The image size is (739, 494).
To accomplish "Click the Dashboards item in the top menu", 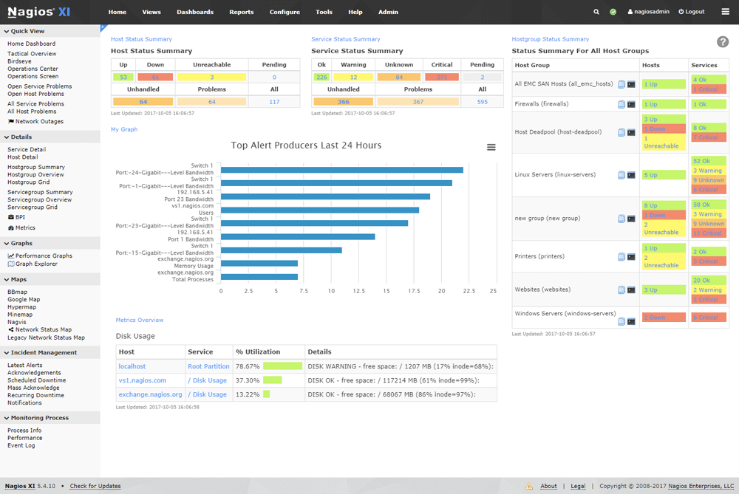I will click(195, 12).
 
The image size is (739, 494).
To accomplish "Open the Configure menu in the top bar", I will click(285, 12).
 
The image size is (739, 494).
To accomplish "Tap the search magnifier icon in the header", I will click(596, 12).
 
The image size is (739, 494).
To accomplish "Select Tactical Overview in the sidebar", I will click(32, 54).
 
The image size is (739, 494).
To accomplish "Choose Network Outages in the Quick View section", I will click(39, 122).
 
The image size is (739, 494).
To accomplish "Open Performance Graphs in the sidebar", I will click(44, 255).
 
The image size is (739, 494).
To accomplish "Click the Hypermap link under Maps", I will click(21, 307).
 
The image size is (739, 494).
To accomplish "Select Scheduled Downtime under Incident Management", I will click(36, 380).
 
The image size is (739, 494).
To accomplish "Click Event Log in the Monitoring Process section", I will click(21, 445).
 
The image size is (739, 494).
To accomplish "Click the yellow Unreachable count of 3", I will click(211, 77).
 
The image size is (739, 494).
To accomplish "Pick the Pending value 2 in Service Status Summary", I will click(482, 77).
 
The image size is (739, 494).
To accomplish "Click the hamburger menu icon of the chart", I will click(491, 148).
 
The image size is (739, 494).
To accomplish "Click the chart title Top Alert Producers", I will click(306, 145).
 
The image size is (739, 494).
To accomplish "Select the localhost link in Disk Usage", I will click(132, 366).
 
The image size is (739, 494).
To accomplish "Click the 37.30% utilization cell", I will click(247, 380).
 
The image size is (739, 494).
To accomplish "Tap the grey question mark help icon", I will click(723, 42).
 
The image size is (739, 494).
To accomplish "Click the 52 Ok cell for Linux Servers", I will click(701, 160).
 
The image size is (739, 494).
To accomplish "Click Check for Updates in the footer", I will click(95, 486).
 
